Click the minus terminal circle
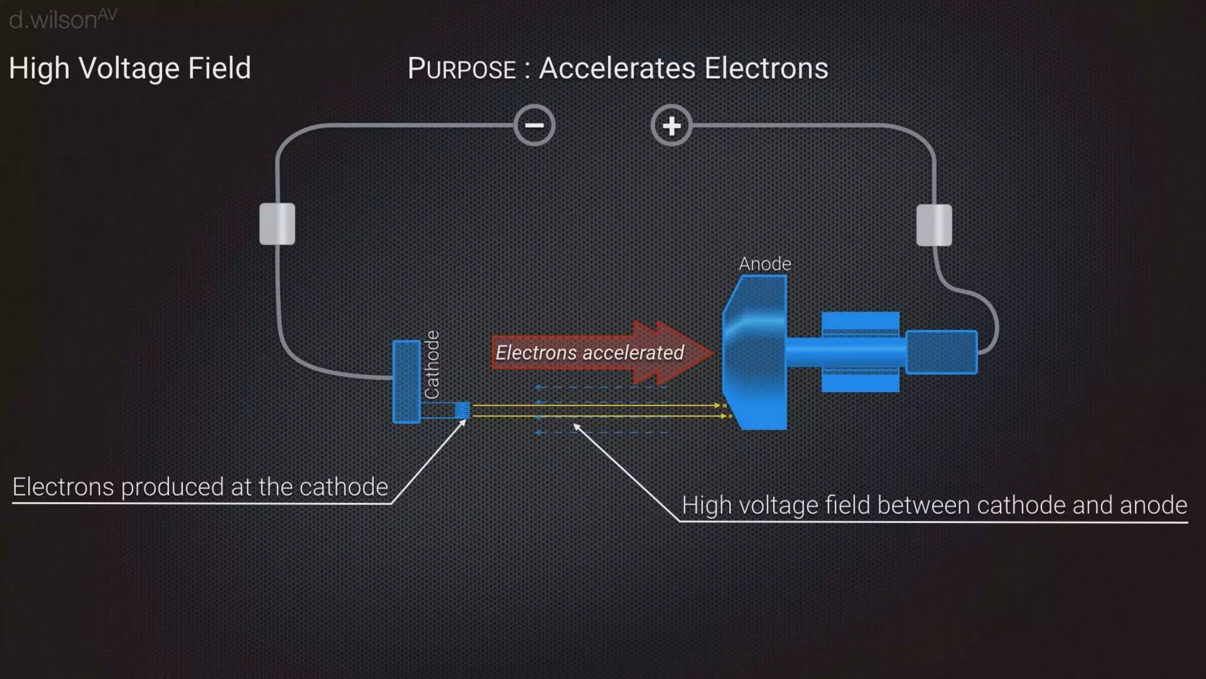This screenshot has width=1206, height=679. (x=534, y=126)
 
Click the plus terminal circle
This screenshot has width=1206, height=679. (x=671, y=126)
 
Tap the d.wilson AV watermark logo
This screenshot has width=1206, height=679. (x=62, y=19)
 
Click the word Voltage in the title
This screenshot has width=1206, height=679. (x=129, y=68)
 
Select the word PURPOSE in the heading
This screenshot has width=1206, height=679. (x=462, y=69)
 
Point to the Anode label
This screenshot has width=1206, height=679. (x=764, y=263)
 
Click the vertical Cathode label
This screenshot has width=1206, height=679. (x=432, y=364)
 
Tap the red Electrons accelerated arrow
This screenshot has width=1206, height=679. (x=601, y=352)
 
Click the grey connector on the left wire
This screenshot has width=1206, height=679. (x=277, y=223)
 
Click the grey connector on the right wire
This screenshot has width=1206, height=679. (x=934, y=225)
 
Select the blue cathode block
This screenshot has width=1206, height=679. (x=406, y=381)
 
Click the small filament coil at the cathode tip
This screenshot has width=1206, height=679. (x=463, y=410)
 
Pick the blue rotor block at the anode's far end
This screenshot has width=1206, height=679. (x=941, y=352)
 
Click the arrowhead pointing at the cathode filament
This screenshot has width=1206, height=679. (x=463, y=423)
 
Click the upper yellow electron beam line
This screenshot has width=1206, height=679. (x=595, y=406)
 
